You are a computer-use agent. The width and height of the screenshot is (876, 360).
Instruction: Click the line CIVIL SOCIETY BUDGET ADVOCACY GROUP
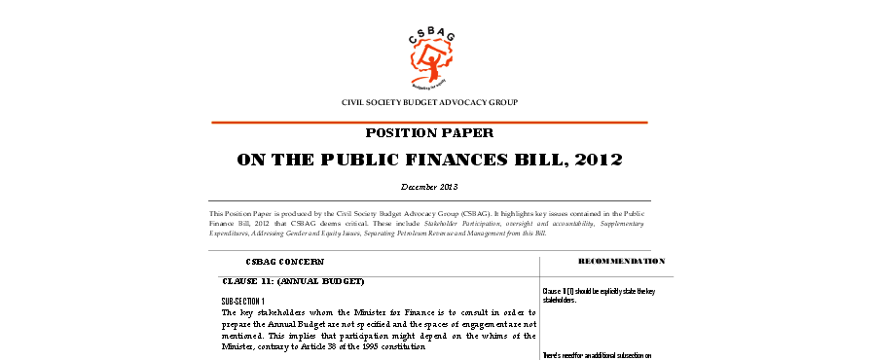(429, 102)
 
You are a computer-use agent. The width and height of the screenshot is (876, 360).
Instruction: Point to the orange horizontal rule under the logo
(429, 122)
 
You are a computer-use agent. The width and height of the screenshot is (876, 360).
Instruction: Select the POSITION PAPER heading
(429, 133)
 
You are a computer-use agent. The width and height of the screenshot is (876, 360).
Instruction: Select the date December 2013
(429, 186)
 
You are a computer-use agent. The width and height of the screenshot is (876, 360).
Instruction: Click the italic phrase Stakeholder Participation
(481, 223)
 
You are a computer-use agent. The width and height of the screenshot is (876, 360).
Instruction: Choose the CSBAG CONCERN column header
(285, 262)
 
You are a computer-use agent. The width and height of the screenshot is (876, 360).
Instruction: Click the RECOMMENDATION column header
(622, 262)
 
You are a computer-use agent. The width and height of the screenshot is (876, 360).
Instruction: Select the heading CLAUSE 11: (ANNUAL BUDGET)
(293, 282)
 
